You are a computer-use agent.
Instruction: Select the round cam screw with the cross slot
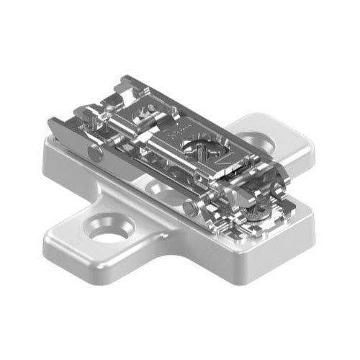(196, 150)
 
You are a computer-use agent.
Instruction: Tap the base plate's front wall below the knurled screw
(259, 248)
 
